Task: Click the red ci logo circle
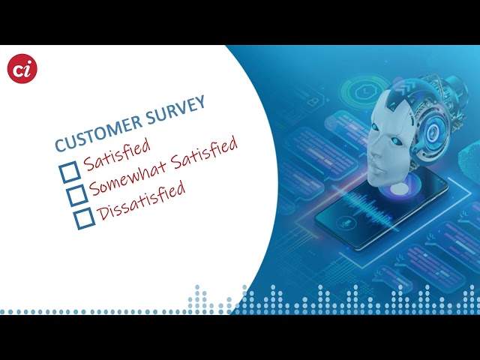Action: click(22, 68)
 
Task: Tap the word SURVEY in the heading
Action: click(175, 109)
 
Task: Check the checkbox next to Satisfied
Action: click(70, 172)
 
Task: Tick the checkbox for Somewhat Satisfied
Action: click(77, 195)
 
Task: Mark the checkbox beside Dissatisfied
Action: click(85, 218)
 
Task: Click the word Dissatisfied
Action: click(141, 200)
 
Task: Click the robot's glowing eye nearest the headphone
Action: click(396, 141)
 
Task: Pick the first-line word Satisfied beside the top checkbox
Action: click(117, 154)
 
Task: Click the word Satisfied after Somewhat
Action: click(204, 151)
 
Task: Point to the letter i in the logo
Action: click(28, 68)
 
